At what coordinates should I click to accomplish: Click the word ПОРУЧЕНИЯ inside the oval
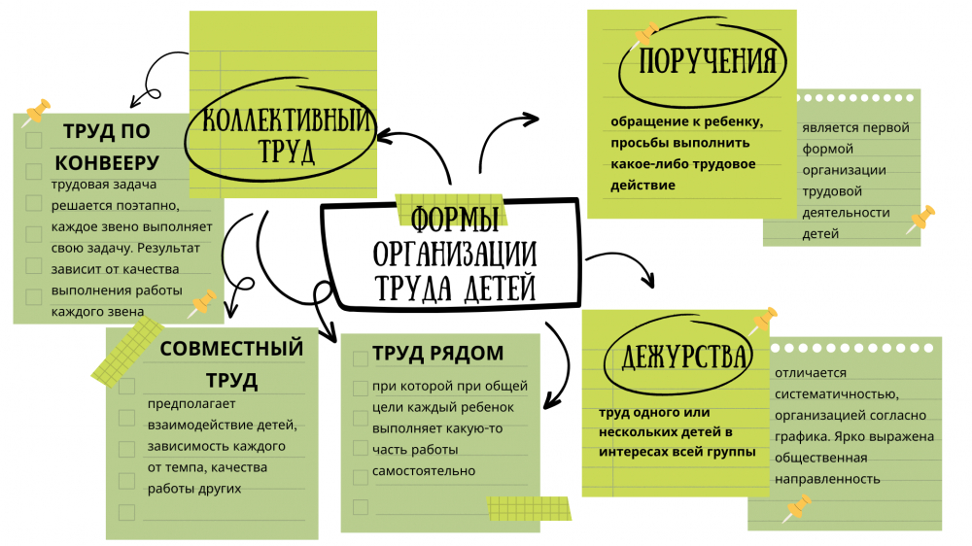pyautogui.click(x=708, y=61)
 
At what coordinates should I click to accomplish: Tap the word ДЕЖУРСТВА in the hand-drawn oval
pyautogui.click(x=684, y=357)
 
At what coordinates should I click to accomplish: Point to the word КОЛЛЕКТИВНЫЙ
pyautogui.click(x=288, y=119)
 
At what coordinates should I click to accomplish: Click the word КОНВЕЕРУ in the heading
pyautogui.click(x=107, y=163)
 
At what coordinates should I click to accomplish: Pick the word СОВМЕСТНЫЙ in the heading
pyautogui.click(x=231, y=349)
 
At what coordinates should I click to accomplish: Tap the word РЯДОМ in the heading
pyautogui.click(x=467, y=354)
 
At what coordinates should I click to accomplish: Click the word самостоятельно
pyautogui.click(x=424, y=471)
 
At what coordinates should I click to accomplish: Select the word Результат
pyautogui.click(x=168, y=248)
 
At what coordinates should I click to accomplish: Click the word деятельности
pyautogui.click(x=846, y=213)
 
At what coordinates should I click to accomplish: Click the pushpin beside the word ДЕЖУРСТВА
pyautogui.click(x=764, y=321)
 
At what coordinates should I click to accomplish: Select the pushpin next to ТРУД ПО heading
pyautogui.click(x=36, y=112)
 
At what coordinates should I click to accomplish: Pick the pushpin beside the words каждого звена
pyautogui.click(x=202, y=304)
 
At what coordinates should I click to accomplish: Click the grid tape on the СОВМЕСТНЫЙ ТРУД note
pyautogui.click(x=127, y=352)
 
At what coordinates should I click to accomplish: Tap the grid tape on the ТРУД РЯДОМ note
pyautogui.click(x=529, y=508)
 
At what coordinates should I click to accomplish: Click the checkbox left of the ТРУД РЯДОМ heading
pyautogui.click(x=361, y=358)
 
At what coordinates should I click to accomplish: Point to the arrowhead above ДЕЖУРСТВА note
pyautogui.click(x=647, y=280)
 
